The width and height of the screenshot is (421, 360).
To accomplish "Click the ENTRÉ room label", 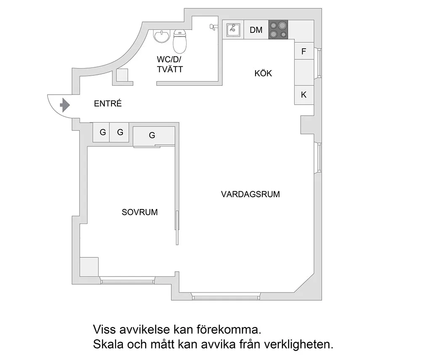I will point(108,103).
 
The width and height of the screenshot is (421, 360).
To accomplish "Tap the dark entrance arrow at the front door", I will point(65,105).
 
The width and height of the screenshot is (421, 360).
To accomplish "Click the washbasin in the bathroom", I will point(161,37).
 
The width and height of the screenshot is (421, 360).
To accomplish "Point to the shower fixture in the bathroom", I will point(213,27).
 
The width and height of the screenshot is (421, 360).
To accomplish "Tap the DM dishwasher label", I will point(256,30).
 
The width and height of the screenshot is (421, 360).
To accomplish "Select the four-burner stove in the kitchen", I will point(278,30).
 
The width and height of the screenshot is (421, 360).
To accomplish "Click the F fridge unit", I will point(304,52).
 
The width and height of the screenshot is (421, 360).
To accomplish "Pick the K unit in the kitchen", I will point(304,95).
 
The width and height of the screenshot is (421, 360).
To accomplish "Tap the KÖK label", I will point(263,74).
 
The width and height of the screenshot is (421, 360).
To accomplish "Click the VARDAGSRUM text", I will point(250,194).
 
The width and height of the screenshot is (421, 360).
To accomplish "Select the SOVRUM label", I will point(140,212).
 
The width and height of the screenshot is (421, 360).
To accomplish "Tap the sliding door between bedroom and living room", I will point(177,227).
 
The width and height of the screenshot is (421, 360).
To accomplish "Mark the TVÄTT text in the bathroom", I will point(170,69).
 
